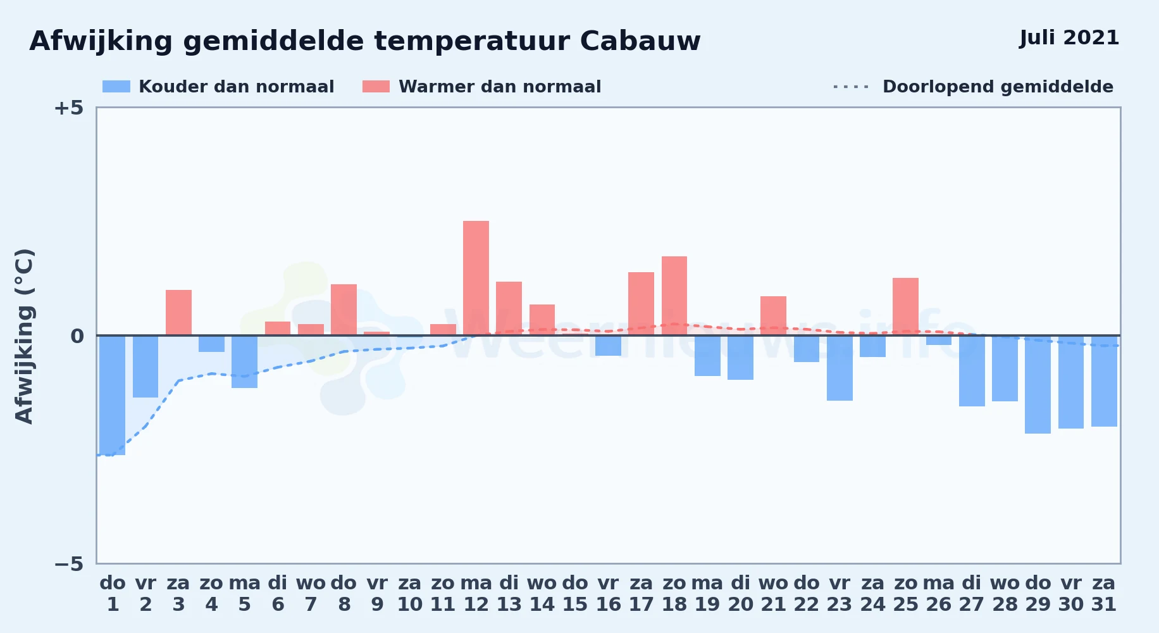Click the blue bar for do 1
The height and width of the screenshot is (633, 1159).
(x=113, y=395)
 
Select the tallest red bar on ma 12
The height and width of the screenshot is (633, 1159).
(x=476, y=278)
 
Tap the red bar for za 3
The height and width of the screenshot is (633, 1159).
(x=178, y=313)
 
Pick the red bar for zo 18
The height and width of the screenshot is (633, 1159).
(x=674, y=296)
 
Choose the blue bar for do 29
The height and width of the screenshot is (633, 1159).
(x=1038, y=384)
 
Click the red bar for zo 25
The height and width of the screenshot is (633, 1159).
(x=905, y=306)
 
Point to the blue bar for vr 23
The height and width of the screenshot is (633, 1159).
(x=840, y=368)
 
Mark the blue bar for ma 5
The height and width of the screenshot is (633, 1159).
(x=244, y=361)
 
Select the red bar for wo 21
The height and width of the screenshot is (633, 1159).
(x=773, y=316)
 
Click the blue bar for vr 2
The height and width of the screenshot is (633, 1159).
(x=146, y=367)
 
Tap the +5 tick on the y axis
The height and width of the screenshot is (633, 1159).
(x=69, y=108)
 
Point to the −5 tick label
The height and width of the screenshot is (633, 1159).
(x=69, y=563)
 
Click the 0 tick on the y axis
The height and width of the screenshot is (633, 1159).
(x=77, y=335)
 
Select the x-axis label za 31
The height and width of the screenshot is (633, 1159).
(x=1104, y=593)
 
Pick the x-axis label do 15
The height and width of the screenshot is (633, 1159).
(x=575, y=593)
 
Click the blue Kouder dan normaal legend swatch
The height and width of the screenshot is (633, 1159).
(x=116, y=87)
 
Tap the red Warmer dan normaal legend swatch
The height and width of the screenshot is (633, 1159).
(x=376, y=87)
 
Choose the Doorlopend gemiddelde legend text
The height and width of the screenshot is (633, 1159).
(x=998, y=87)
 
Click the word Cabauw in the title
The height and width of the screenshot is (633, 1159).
(x=640, y=41)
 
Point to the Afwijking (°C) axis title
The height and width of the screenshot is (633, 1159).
(x=25, y=336)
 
